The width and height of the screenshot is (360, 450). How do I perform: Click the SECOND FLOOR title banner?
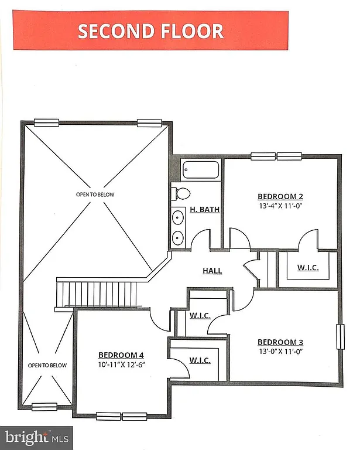pyautogui.click(x=151, y=30)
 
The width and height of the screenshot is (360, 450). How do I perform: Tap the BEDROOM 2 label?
pyautogui.click(x=280, y=196)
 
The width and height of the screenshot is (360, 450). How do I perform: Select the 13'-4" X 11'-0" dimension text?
pyautogui.click(x=280, y=206)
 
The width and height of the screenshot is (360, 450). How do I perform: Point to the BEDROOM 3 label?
pyautogui.click(x=280, y=342)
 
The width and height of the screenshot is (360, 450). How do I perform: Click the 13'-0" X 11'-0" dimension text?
pyautogui.click(x=280, y=352)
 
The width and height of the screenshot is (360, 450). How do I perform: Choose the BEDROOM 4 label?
pyautogui.click(x=121, y=355)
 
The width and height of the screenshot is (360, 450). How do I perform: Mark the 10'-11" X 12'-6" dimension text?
pyautogui.click(x=121, y=364)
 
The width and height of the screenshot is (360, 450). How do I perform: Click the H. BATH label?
pyautogui.click(x=204, y=209)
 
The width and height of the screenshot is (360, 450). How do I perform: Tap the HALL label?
pyautogui.click(x=212, y=271)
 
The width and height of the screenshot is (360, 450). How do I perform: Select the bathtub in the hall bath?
pyautogui.click(x=201, y=170)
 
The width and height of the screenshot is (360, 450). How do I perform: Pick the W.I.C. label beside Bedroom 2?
pyautogui.click(x=307, y=268)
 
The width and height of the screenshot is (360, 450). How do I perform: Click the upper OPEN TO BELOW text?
pyautogui.click(x=95, y=194)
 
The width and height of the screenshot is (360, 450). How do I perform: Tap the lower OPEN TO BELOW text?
pyautogui.click(x=47, y=365)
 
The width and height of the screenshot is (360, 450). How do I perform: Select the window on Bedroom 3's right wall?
pyautogui.click(x=339, y=337)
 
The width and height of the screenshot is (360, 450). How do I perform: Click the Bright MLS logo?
pyautogui.click(x=36, y=437)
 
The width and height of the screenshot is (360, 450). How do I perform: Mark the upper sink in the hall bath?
pyautogui.click(x=178, y=219)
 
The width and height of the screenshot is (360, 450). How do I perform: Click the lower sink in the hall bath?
pyautogui.click(x=178, y=237)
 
